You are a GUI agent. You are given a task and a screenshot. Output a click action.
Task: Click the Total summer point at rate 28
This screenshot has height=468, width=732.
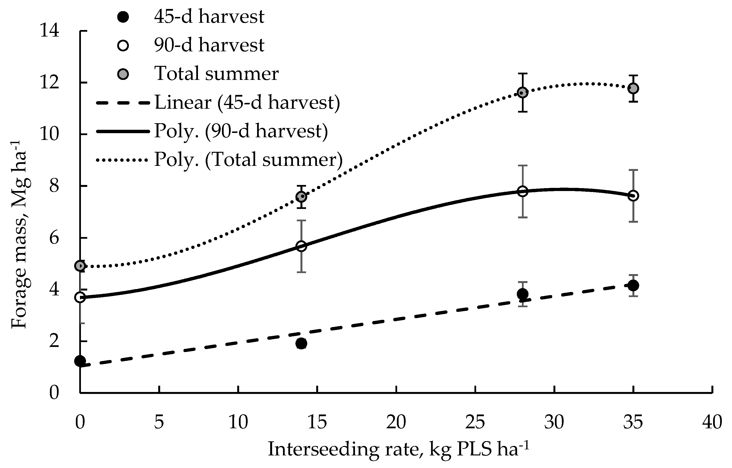point(522,92)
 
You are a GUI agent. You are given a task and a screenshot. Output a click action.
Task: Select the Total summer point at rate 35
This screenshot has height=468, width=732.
point(633,88)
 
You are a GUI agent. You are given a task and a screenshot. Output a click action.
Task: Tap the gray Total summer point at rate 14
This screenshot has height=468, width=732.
point(301,197)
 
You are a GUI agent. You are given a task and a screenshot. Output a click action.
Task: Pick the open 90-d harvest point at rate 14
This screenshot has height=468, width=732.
point(301,246)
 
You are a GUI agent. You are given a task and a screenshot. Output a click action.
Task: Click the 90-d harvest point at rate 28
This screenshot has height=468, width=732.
point(522,192)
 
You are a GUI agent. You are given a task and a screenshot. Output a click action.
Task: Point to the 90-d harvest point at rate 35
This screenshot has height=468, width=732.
point(633,196)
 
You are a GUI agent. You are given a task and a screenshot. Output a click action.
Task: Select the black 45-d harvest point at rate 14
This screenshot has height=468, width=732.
point(301,344)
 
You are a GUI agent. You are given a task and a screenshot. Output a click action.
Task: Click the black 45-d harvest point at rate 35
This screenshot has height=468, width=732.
point(633,285)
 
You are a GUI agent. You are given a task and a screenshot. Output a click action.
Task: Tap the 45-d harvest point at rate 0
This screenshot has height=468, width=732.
point(80,361)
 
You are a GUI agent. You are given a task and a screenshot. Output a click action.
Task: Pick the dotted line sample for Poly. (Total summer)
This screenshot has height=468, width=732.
point(123,160)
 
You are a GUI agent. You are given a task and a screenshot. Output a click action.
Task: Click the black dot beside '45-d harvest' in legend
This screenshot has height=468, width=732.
point(123,17)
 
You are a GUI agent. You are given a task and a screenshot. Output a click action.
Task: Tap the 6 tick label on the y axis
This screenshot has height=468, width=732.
point(54,238)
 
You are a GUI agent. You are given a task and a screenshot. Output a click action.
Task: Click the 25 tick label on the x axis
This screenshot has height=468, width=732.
point(475,423)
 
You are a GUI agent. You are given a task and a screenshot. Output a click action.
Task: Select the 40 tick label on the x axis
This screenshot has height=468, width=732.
point(712,423)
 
